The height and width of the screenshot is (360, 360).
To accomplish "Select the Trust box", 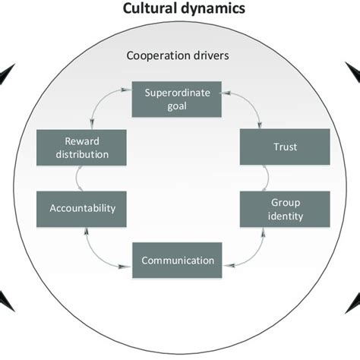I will pyautogui.click(x=285, y=147).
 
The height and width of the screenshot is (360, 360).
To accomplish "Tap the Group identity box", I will pyautogui.click(x=285, y=209).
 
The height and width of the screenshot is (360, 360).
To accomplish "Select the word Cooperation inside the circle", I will pyautogui.click(x=155, y=55).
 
